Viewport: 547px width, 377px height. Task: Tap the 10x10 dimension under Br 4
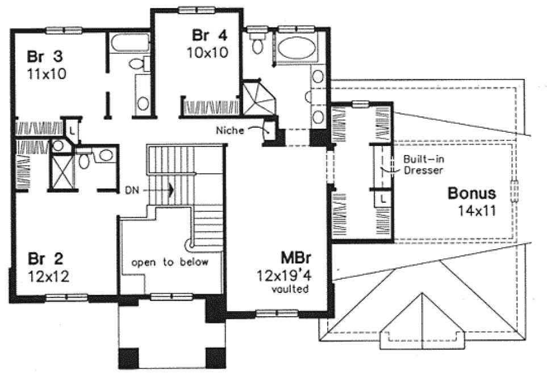(x=207, y=52)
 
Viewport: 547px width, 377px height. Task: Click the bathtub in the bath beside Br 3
(x=129, y=43)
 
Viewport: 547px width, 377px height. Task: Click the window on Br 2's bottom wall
(x=66, y=297)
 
